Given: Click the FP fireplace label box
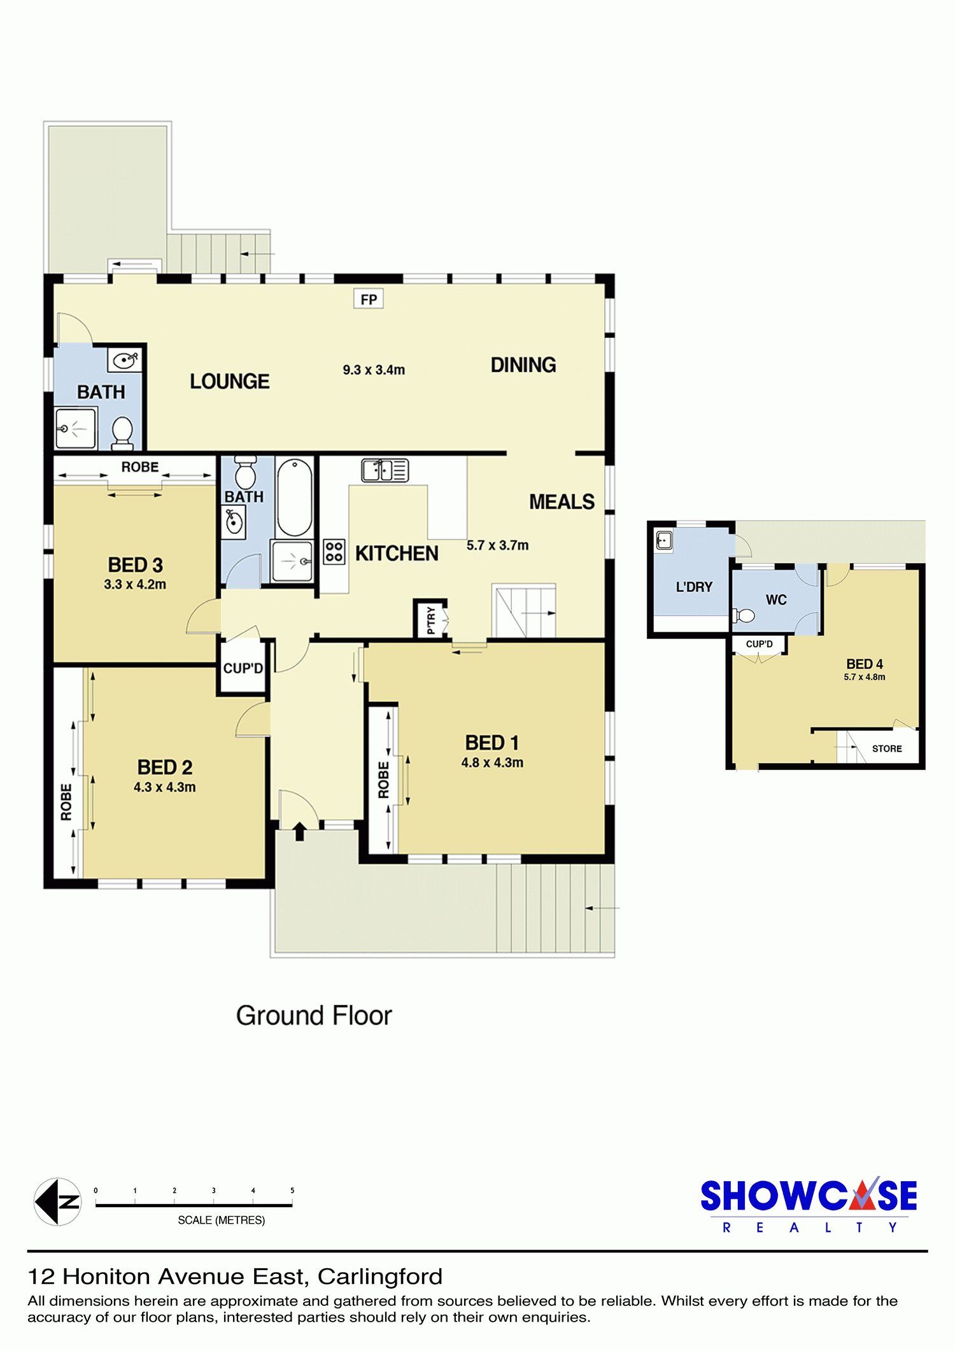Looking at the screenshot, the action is (x=369, y=299).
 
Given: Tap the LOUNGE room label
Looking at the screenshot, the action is (x=230, y=381).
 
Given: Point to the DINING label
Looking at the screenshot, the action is (x=523, y=365).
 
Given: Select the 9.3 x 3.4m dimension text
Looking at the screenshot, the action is (x=374, y=370).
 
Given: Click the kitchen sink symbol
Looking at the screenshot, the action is (x=385, y=470).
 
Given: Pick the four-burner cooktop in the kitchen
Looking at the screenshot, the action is (x=334, y=552).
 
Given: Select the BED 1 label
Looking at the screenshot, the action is (x=492, y=743).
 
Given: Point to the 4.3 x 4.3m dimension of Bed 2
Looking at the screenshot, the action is (x=165, y=787).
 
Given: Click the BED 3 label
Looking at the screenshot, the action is (x=136, y=565).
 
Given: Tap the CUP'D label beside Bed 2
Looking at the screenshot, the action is (x=243, y=668).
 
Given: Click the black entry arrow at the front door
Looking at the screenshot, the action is (x=299, y=831).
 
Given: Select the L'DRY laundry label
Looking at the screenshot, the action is (x=694, y=587).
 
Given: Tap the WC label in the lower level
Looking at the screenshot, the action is (x=776, y=599).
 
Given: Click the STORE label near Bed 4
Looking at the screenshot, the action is (x=887, y=749).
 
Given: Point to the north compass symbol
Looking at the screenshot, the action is (x=57, y=1201).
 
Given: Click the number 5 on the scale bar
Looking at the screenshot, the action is (x=292, y=1191).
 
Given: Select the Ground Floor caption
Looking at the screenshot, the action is (x=314, y=1016).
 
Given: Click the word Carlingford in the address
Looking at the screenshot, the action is (x=380, y=1277).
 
